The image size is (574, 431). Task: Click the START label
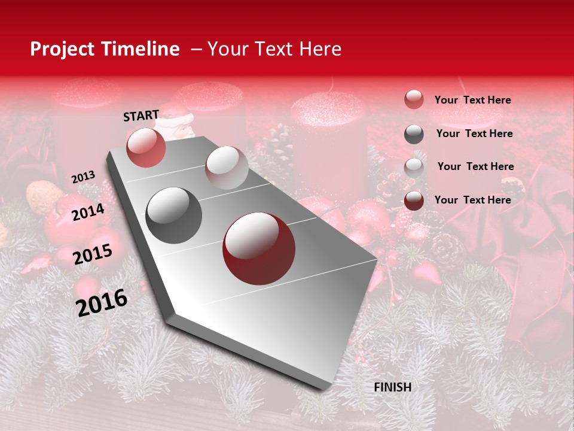pyautogui.click(x=141, y=116)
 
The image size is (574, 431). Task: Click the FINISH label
pyautogui.click(x=392, y=387)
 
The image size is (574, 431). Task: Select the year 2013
pyautogui.click(x=83, y=177)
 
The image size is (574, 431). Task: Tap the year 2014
pyautogui.click(x=88, y=212)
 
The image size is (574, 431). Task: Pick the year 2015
pyautogui.click(x=93, y=254)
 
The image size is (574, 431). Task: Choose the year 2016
pyautogui.click(x=102, y=302)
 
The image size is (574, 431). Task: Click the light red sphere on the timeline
pyautogui.click(x=146, y=147)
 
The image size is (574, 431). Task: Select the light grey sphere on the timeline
pyautogui.click(x=227, y=168)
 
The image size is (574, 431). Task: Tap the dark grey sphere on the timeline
pyautogui.click(x=174, y=215)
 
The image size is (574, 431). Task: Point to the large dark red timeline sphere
pyautogui.click(x=259, y=248)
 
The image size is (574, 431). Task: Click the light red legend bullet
pyautogui.click(x=414, y=99)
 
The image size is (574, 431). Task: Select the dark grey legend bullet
pyautogui.click(x=414, y=134)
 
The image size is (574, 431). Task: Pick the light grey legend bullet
pyautogui.click(x=414, y=168)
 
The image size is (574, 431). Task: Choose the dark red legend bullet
pyautogui.click(x=414, y=201)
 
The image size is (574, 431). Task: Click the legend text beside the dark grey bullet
pyautogui.click(x=474, y=133)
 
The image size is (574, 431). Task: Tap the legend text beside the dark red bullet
pyautogui.click(x=472, y=200)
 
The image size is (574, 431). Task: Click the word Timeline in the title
pyautogui.click(x=141, y=49)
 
